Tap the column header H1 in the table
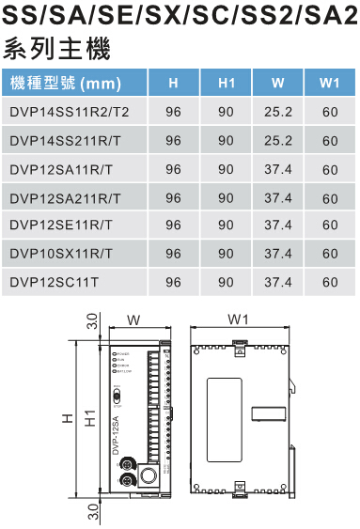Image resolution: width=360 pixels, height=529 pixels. pos(226,84)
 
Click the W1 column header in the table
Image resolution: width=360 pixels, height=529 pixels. pos(329,84)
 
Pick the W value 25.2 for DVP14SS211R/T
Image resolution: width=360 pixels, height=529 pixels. pos(278,141)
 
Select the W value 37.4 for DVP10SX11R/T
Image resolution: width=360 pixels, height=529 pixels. pos(278,254)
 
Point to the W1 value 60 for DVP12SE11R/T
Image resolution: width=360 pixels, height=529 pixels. pos(329,226)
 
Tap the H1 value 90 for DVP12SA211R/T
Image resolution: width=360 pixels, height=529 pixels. pos(226,197)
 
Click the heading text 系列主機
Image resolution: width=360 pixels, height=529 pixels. pos(43,48)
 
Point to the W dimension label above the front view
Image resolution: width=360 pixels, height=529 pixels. pos(133,319)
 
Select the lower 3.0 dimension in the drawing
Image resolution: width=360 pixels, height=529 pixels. pos(91,512)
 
